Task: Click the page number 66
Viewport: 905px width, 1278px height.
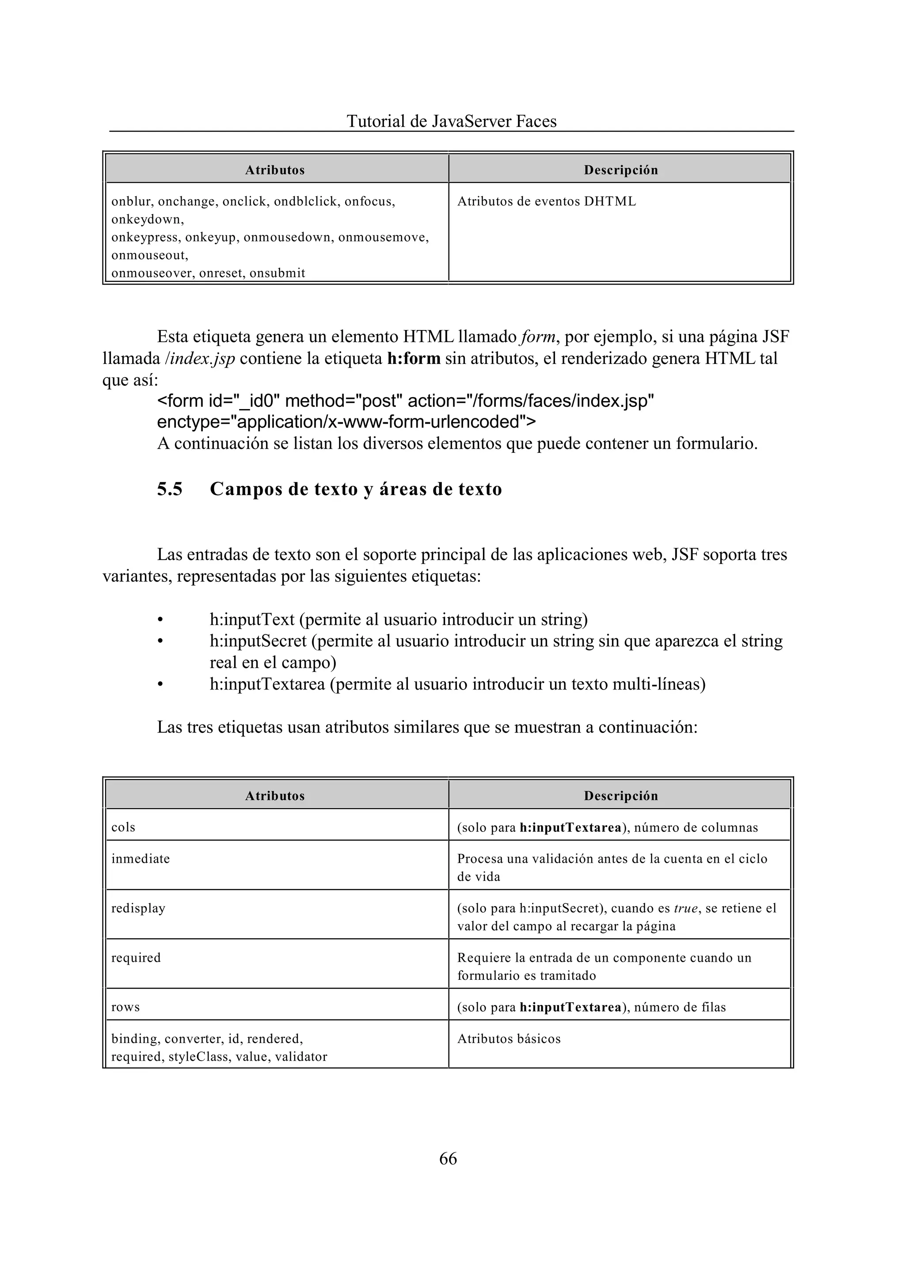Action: pos(448,1158)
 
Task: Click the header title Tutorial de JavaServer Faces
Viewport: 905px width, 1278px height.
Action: pos(451,121)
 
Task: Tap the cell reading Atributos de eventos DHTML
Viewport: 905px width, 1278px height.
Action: pos(546,202)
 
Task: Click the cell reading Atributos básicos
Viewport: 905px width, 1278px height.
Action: pos(509,1039)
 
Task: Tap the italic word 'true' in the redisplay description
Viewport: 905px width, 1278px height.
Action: pos(685,908)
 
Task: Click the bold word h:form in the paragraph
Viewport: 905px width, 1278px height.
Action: pos(414,358)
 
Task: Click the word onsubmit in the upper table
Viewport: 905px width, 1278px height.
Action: pos(277,273)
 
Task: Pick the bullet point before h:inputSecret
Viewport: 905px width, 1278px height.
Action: pos(160,641)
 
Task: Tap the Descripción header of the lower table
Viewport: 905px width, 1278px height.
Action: pos(621,796)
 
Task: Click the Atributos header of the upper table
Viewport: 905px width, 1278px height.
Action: pos(275,170)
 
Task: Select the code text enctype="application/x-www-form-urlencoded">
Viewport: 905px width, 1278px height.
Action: pos(346,422)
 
